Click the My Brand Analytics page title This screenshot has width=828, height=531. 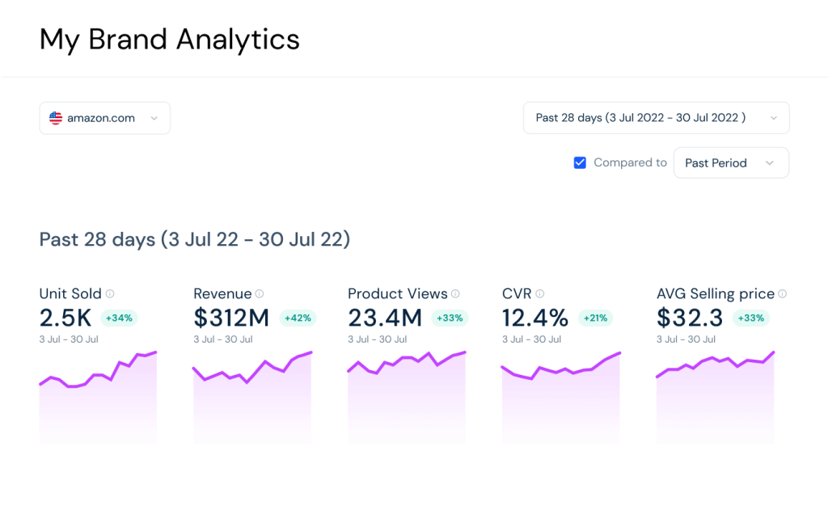(169, 39)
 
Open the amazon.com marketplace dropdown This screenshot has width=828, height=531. (104, 118)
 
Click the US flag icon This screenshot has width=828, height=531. (56, 118)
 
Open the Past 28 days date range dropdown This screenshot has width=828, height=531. (656, 118)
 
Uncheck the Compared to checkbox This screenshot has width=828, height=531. (580, 162)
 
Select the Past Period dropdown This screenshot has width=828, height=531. (730, 162)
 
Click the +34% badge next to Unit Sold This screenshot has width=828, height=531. (119, 318)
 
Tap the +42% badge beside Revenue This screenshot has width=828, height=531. (298, 318)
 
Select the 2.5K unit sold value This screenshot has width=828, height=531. (65, 318)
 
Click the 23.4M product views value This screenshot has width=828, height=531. (385, 318)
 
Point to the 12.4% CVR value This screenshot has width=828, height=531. (535, 318)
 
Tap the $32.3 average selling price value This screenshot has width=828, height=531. (690, 318)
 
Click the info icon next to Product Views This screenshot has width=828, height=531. (455, 294)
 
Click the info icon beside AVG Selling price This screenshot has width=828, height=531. (782, 294)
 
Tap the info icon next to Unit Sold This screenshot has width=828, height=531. (110, 294)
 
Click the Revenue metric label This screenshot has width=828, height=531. (222, 294)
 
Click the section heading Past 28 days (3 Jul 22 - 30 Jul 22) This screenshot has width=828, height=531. (194, 240)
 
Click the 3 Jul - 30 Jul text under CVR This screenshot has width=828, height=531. (531, 339)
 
